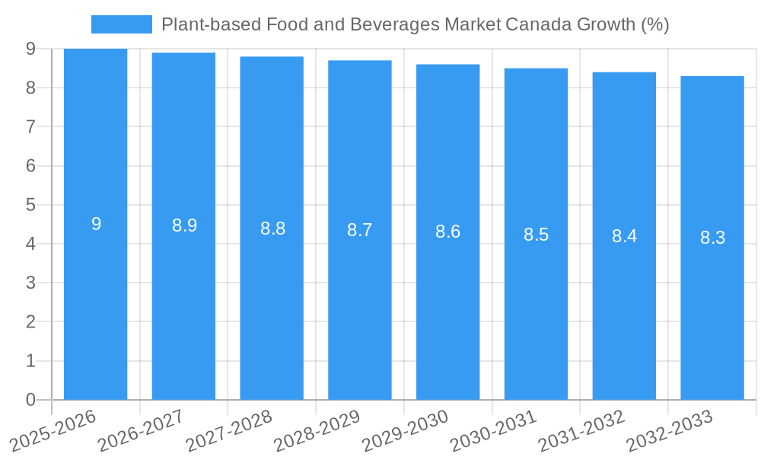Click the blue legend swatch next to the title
[121, 24]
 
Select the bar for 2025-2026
[95, 305]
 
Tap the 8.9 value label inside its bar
[184, 225]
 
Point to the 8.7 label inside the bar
[359, 230]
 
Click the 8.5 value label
[536, 235]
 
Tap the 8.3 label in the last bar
[712, 238]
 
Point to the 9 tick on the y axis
[30, 49]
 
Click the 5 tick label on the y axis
[30, 205]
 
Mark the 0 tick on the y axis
[30, 400]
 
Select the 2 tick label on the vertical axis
[30, 322]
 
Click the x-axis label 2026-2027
[141, 430]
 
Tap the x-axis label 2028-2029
[316, 430]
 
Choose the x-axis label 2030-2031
[492, 430]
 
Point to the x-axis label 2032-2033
[668, 430]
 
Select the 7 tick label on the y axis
[30, 126]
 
